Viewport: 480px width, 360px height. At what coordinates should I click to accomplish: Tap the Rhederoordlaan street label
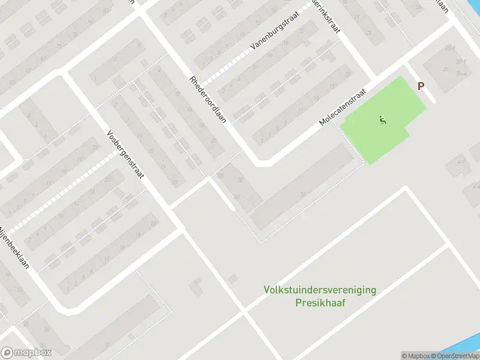[207, 99]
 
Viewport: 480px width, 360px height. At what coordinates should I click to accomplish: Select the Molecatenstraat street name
[343, 112]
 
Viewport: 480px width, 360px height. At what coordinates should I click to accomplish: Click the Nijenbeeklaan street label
[14, 246]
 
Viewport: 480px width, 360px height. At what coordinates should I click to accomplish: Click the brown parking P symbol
[421, 86]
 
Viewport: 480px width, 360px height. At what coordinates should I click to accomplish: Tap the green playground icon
[383, 120]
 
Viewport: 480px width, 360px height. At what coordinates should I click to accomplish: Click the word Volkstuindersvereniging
[320, 290]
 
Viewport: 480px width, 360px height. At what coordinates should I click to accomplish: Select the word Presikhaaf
[320, 302]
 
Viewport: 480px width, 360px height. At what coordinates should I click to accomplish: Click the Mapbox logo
[26, 353]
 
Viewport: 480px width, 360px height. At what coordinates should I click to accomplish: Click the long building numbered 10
[303, 193]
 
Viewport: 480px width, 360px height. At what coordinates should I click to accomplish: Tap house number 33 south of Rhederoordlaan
[237, 196]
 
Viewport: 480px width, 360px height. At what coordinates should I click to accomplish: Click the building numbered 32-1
[461, 62]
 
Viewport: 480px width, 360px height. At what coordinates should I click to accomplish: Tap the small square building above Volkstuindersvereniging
[232, 278]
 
